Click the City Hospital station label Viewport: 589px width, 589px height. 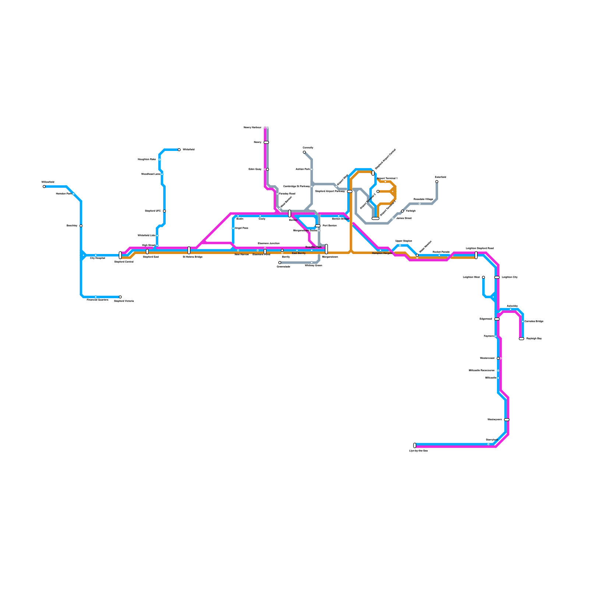coord(97,258)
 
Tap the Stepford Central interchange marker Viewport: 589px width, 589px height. coord(120,255)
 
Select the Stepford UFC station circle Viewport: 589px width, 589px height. coord(164,211)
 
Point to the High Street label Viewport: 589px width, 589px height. coord(148,245)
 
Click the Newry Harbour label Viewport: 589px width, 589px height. coord(253,128)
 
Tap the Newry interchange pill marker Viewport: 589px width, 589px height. coord(266,142)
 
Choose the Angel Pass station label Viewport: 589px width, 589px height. coord(241,228)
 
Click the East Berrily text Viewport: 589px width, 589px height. coord(299,253)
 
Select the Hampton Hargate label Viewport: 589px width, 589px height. coord(382,253)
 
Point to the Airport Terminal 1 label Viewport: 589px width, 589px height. coord(387,178)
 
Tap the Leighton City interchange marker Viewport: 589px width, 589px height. coord(497,277)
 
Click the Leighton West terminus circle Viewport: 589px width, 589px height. coord(483,277)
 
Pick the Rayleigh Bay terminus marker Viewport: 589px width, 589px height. coord(521,339)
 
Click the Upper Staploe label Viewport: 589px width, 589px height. coord(403,241)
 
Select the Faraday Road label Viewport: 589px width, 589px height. coord(287,194)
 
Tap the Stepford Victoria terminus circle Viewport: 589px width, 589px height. coord(120,297)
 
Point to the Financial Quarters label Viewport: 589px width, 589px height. coord(98,300)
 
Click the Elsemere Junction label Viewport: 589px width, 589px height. coord(269,244)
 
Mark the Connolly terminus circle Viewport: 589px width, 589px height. coord(304,152)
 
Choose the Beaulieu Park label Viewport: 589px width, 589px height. coord(313,247)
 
